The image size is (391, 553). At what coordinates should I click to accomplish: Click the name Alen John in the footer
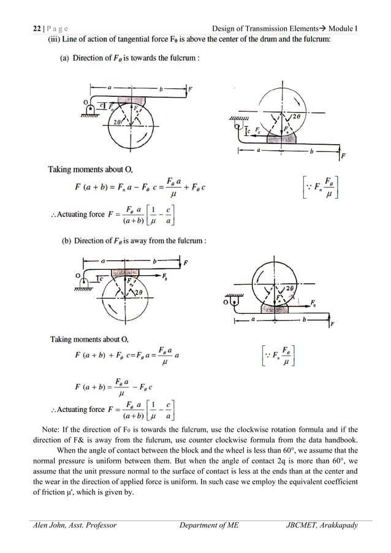click(x=50, y=525)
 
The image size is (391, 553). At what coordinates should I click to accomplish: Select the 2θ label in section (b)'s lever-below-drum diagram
click(x=291, y=288)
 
